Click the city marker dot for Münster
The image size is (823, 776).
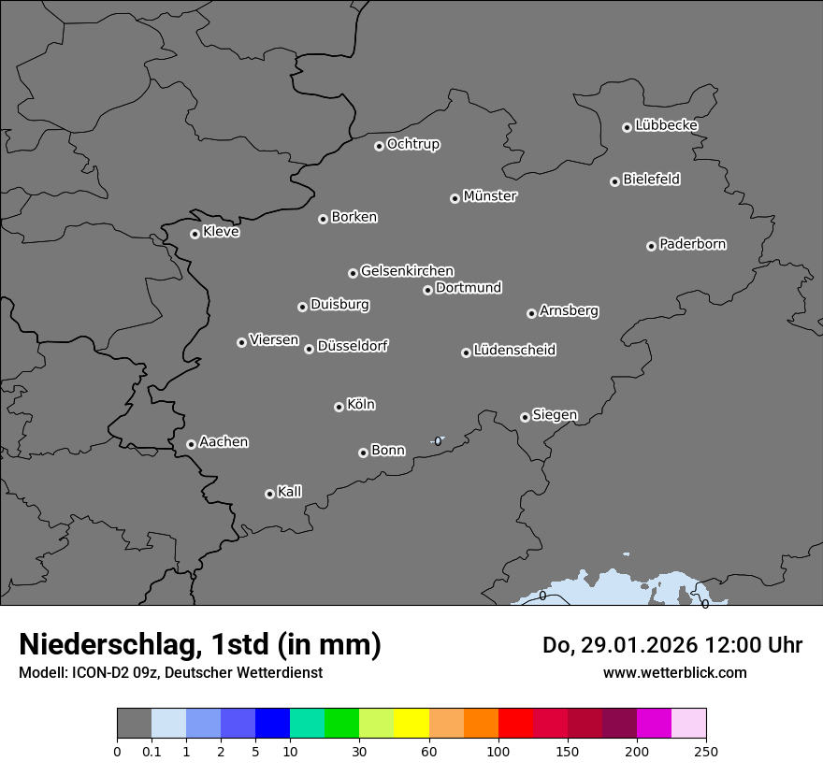pos(455,198)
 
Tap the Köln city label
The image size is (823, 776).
pos(361,405)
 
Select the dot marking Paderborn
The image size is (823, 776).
pos(651,246)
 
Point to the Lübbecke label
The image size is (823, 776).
pos(666,125)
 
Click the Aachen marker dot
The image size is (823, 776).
pos(191,444)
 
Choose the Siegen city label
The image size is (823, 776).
pos(555,415)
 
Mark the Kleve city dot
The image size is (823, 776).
pos(195,234)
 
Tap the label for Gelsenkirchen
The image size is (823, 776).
pos(407,271)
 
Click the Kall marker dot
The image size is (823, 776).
pos(269,494)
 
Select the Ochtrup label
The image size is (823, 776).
pos(413,144)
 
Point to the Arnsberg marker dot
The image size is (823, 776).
pos(531,313)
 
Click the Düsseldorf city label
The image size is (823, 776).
pos(353,346)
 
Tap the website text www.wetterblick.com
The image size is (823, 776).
pos(675,672)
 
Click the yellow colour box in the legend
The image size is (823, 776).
pos(411,724)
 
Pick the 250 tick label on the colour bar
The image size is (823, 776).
pos(706,751)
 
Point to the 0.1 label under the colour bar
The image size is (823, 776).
pos(152,751)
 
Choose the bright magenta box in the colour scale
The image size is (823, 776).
pos(654,724)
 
